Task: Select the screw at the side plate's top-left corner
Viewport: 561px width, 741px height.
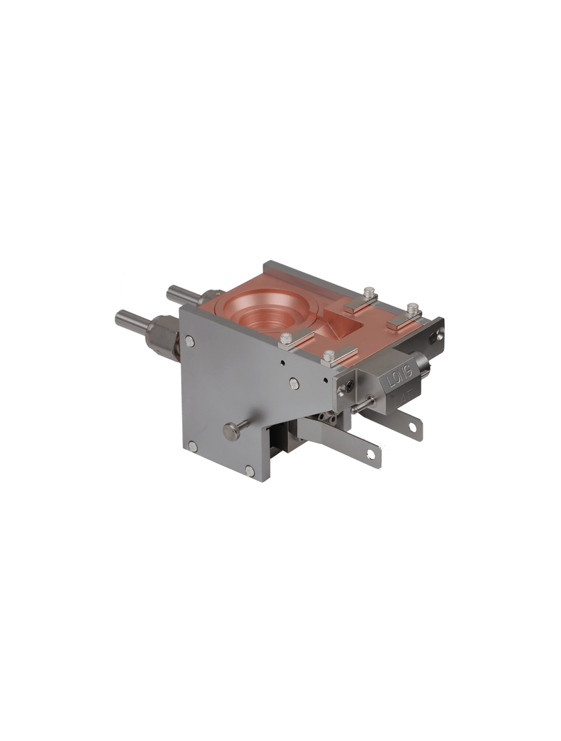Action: tap(189, 341)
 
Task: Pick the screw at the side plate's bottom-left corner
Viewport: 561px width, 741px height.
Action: tap(192, 446)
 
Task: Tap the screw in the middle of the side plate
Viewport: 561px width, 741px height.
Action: tap(294, 383)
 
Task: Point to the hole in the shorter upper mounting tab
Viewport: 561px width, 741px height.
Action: tap(412, 427)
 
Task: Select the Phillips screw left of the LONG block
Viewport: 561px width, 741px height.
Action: tap(350, 387)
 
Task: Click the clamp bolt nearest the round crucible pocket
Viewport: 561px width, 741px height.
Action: tap(286, 338)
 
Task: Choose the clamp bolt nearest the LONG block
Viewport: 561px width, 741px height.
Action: tap(329, 355)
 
